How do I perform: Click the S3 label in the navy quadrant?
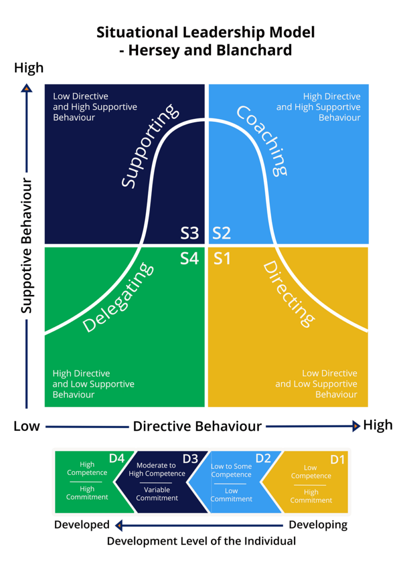click(x=190, y=233)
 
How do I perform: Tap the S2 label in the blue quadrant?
click(x=221, y=233)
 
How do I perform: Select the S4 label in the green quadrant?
click(x=190, y=258)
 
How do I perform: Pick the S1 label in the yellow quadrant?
click(x=222, y=258)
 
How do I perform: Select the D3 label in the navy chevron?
click(x=190, y=458)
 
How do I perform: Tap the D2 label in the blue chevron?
click(x=263, y=458)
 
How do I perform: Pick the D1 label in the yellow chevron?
click(x=337, y=459)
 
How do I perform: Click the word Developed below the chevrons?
click(x=82, y=524)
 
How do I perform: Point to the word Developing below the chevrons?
click(x=318, y=524)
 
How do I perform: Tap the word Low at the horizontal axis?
click(x=26, y=426)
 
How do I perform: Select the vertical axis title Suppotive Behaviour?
click(x=27, y=246)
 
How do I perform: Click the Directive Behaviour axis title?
click(x=197, y=426)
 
